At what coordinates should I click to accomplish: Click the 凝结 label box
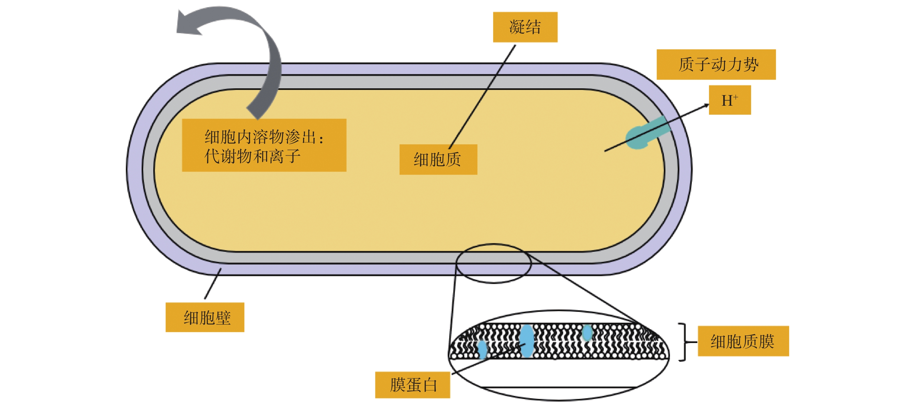click(525, 27)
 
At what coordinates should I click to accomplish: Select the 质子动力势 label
click(716, 64)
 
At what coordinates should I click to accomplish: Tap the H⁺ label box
click(730, 100)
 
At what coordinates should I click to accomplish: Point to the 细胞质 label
click(438, 159)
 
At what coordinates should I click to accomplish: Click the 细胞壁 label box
click(205, 317)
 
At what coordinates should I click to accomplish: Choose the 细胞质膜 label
click(743, 341)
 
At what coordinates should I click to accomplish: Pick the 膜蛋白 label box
click(412, 385)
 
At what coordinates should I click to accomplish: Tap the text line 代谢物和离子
click(252, 156)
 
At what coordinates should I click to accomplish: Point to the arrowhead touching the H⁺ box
click(705, 105)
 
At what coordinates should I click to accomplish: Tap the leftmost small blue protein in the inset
click(482, 349)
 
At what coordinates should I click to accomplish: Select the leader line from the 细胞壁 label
click(213, 284)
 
